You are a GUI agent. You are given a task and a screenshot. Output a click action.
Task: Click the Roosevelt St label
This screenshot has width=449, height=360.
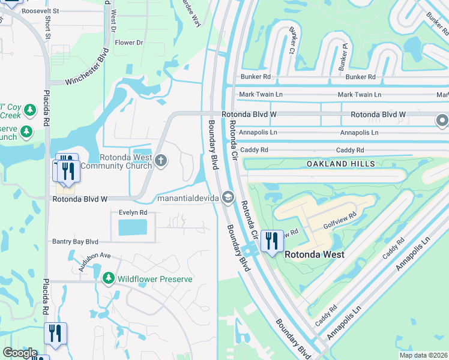(x=40, y=11)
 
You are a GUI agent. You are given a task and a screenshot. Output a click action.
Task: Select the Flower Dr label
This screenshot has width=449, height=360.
(x=129, y=43)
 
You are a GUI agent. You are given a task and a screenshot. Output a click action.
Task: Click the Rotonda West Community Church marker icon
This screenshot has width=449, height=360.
(x=160, y=160)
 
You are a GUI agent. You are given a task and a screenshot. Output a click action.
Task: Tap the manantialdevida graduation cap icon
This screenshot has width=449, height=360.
(x=228, y=197)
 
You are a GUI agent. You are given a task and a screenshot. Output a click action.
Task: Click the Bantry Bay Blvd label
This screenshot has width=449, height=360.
(x=75, y=241)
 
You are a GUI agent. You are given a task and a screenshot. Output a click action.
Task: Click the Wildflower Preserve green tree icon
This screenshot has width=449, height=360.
(x=108, y=278)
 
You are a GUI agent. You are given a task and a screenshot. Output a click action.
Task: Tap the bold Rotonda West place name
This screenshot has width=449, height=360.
(x=314, y=254)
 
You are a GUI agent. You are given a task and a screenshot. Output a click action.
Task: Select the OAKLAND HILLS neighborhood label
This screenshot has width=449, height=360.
(x=341, y=164)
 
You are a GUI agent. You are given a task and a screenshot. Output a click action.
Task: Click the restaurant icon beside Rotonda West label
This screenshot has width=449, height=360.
(x=271, y=241)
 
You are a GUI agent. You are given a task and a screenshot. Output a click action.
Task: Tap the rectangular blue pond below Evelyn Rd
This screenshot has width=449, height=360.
(x=133, y=227)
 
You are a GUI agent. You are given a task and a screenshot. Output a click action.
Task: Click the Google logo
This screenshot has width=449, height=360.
(x=20, y=352)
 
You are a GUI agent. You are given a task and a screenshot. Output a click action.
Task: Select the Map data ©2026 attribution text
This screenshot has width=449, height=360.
(x=423, y=355)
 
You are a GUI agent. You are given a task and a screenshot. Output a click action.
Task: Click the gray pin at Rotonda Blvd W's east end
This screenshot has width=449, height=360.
(x=442, y=121)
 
